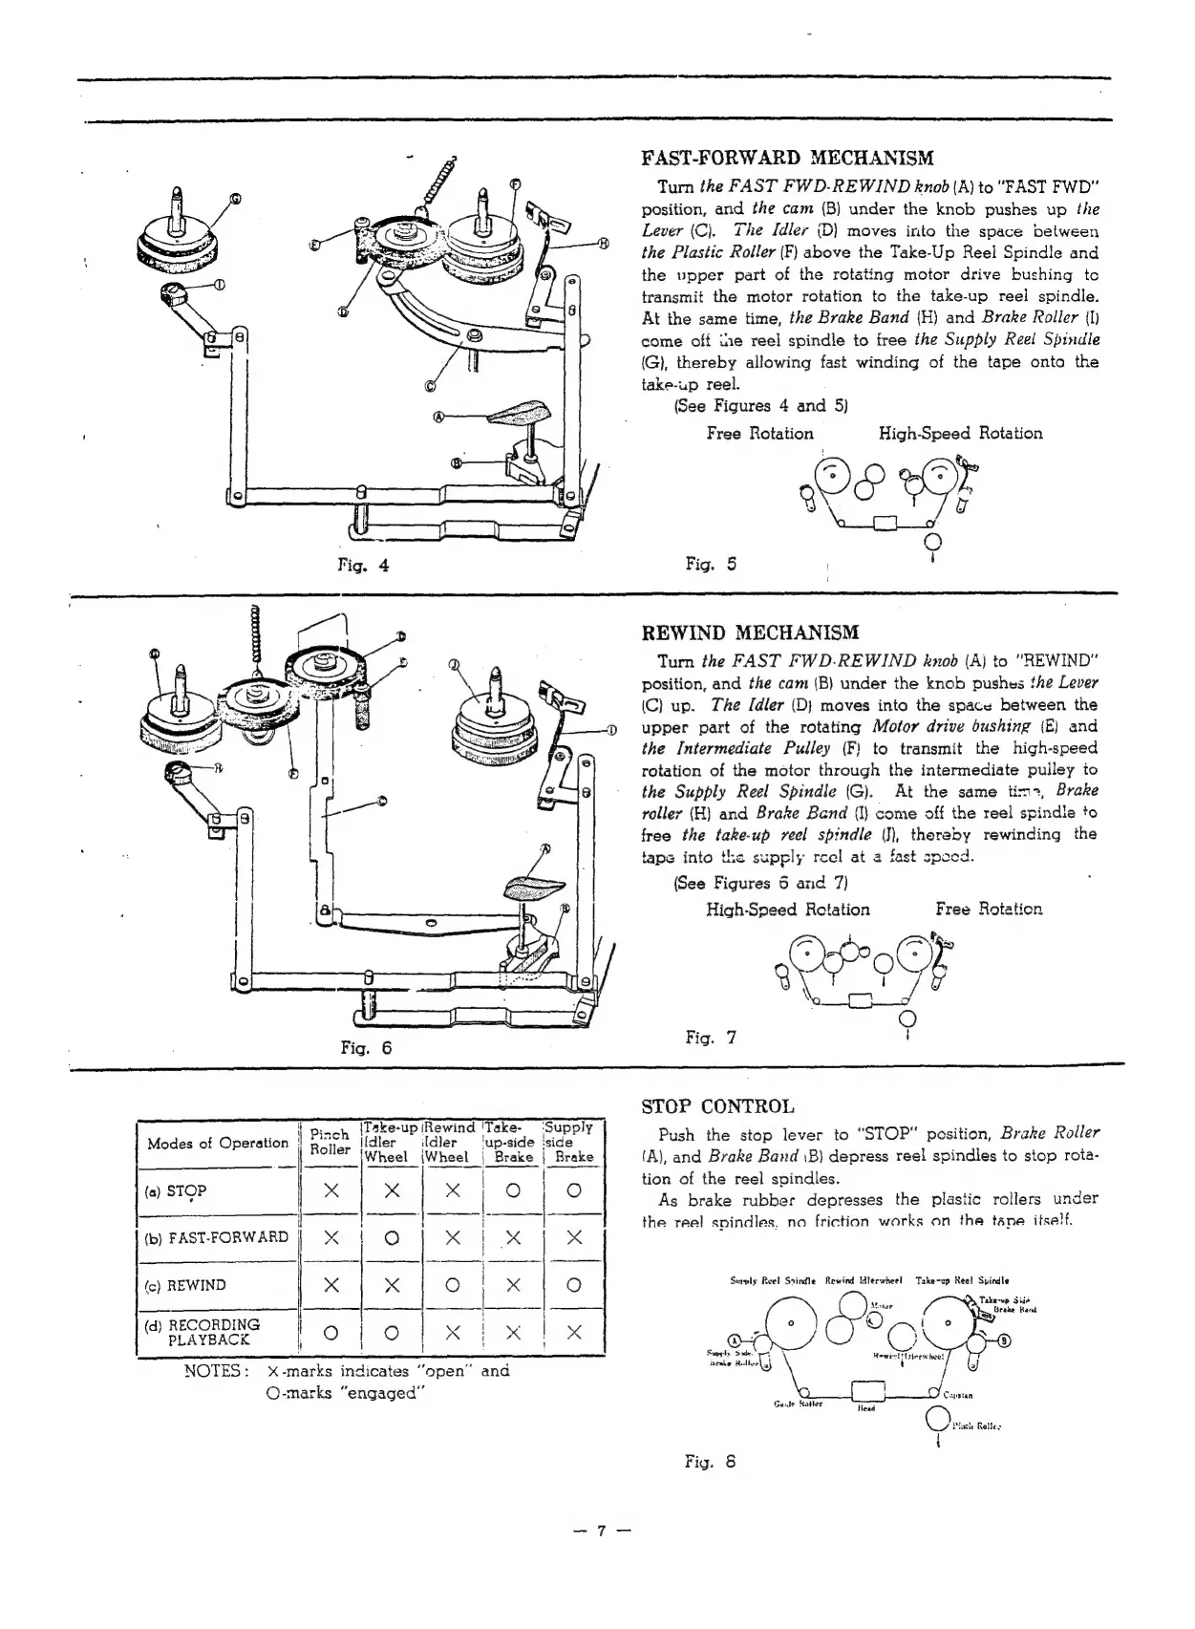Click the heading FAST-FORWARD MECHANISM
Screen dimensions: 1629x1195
tap(787, 158)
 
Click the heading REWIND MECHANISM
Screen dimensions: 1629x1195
tap(750, 632)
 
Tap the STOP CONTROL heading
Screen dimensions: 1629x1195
tap(716, 1107)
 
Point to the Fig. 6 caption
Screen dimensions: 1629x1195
tap(367, 1047)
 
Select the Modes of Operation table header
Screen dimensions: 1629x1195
tap(218, 1143)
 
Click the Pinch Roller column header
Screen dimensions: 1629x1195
tap(331, 1143)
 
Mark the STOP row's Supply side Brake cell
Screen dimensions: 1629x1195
tap(574, 1191)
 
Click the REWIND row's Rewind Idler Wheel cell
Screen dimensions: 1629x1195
tap(453, 1285)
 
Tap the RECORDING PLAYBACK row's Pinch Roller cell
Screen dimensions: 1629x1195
tap(331, 1332)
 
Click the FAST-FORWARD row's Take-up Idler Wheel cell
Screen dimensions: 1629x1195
tap(390, 1238)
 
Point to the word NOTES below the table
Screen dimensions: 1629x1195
tap(217, 1371)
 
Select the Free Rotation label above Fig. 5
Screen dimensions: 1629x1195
tap(759, 434)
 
